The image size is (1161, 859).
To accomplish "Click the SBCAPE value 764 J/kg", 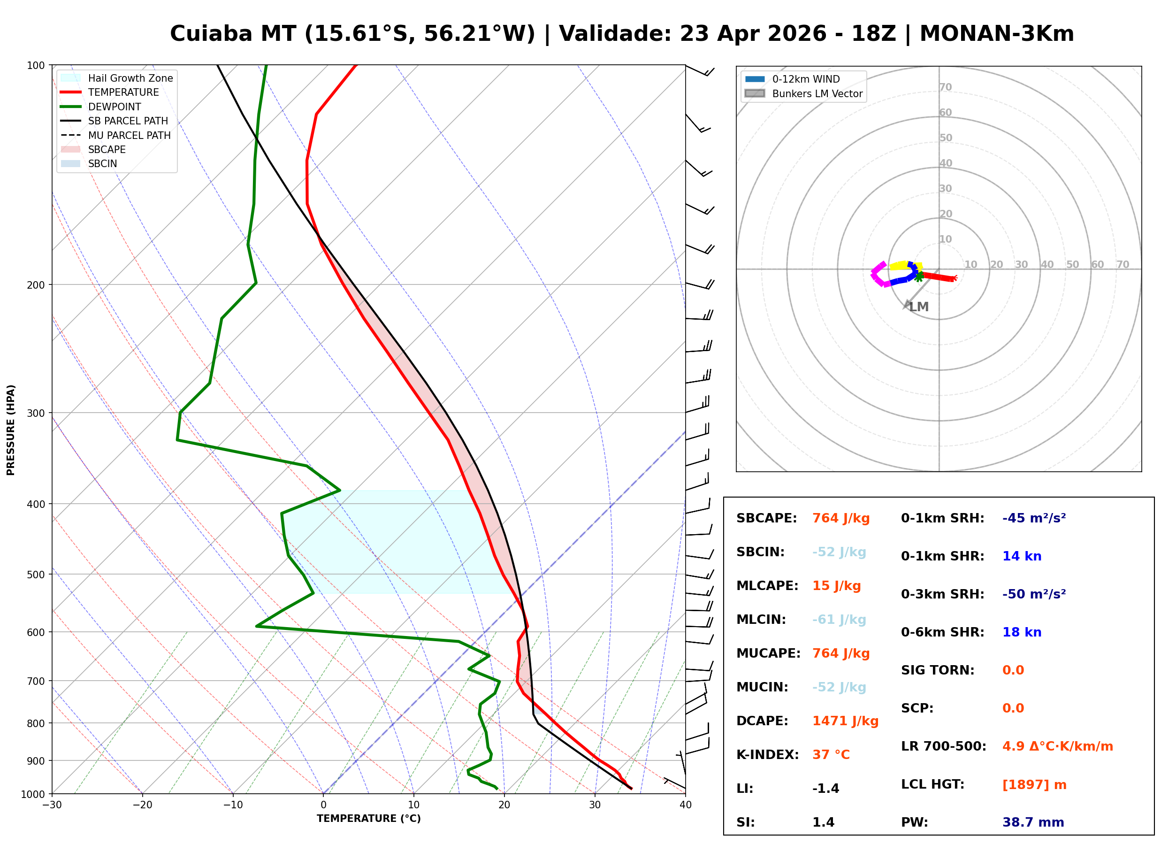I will tap(840, 518).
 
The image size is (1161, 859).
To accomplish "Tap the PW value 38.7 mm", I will tap(1032, 822).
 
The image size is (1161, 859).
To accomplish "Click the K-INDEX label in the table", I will tap(767, 755).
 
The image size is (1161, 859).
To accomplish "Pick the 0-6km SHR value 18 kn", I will tap(1021, 632).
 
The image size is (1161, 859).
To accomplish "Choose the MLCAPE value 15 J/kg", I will tap(836, 586).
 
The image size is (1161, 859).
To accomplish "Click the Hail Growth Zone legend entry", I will tap(130, 78).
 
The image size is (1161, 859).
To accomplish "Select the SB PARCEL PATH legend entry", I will tap(128, 121).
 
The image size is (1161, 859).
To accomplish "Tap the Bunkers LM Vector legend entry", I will tap(817, 93).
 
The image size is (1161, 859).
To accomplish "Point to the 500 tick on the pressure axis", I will tap(37, 575).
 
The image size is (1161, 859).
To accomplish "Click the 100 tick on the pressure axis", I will tap(37, 66).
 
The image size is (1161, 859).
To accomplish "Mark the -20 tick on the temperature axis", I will tap(142, 805).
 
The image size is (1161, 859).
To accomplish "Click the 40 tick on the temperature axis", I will tap(685, 805).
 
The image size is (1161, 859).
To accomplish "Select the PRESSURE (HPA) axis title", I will tap(11, 430).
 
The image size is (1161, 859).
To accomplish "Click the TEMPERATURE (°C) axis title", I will tap(368, 819).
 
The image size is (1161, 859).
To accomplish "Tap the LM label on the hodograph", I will tap(919, 307).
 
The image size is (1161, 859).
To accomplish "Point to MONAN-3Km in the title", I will tap(996, 34).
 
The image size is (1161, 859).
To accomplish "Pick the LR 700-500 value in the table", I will tap(1057, 747).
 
